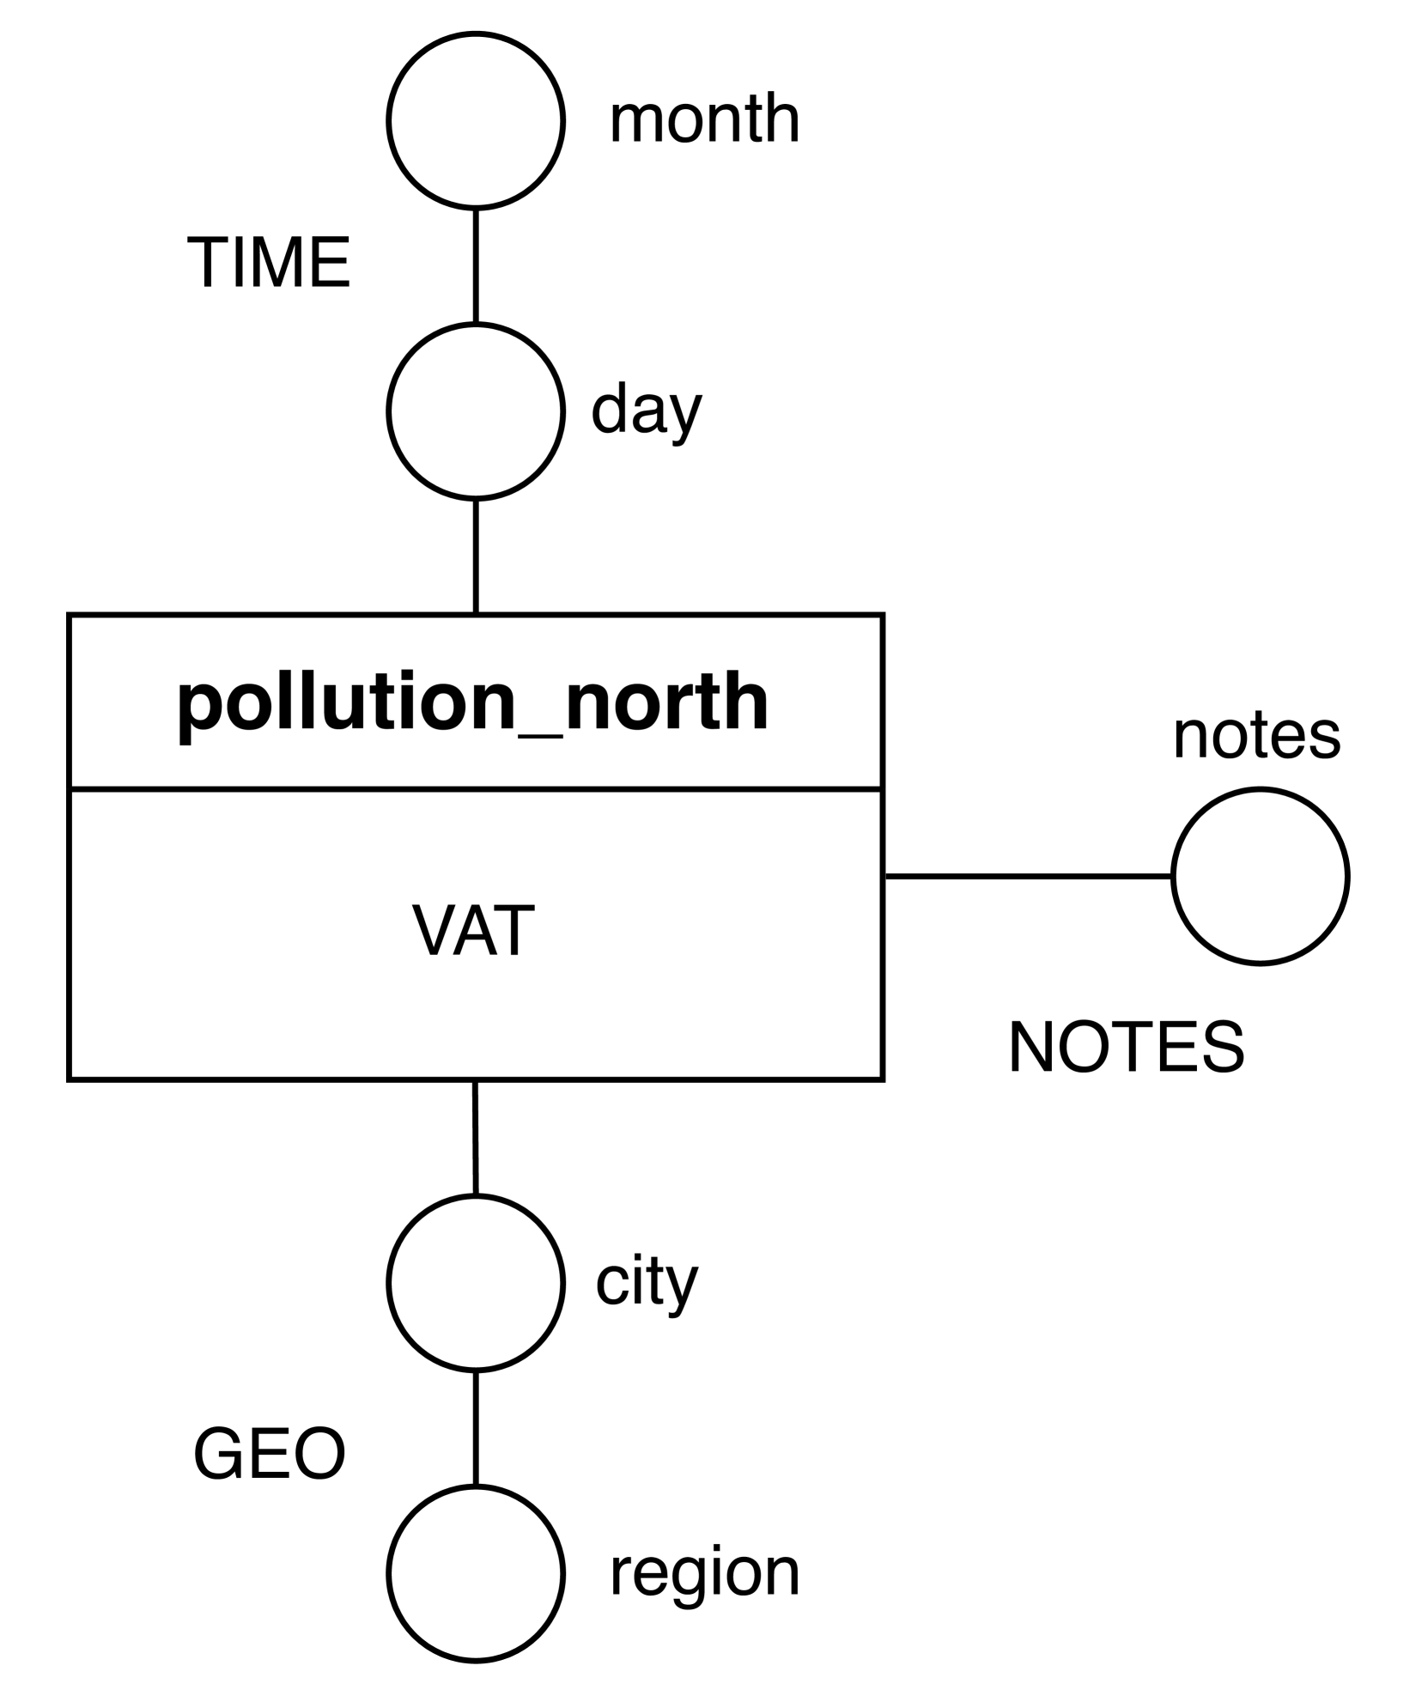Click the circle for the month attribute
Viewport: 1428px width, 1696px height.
click(476, 120)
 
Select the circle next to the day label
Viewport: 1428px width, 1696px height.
click(476, 410)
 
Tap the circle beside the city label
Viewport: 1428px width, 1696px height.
click(476, 1282)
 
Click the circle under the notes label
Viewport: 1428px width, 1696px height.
click(1260, 876)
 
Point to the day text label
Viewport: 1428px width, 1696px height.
click(647, 410)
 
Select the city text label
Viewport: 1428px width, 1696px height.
click(647, 1282)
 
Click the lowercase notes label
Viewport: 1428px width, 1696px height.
click(1256, 736)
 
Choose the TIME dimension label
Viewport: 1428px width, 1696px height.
click(269, 263)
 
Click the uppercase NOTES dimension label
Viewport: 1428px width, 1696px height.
click(1126, 1048)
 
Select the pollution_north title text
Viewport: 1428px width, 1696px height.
click(473, 702)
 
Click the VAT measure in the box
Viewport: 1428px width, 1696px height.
click(473, 931)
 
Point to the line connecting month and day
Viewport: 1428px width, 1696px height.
click(476, 265)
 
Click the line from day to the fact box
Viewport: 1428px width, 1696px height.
click(476, 556)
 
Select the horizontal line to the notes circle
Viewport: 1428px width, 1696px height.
click(1028, 876)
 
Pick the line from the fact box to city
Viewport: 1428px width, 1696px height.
click(475, 1137)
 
